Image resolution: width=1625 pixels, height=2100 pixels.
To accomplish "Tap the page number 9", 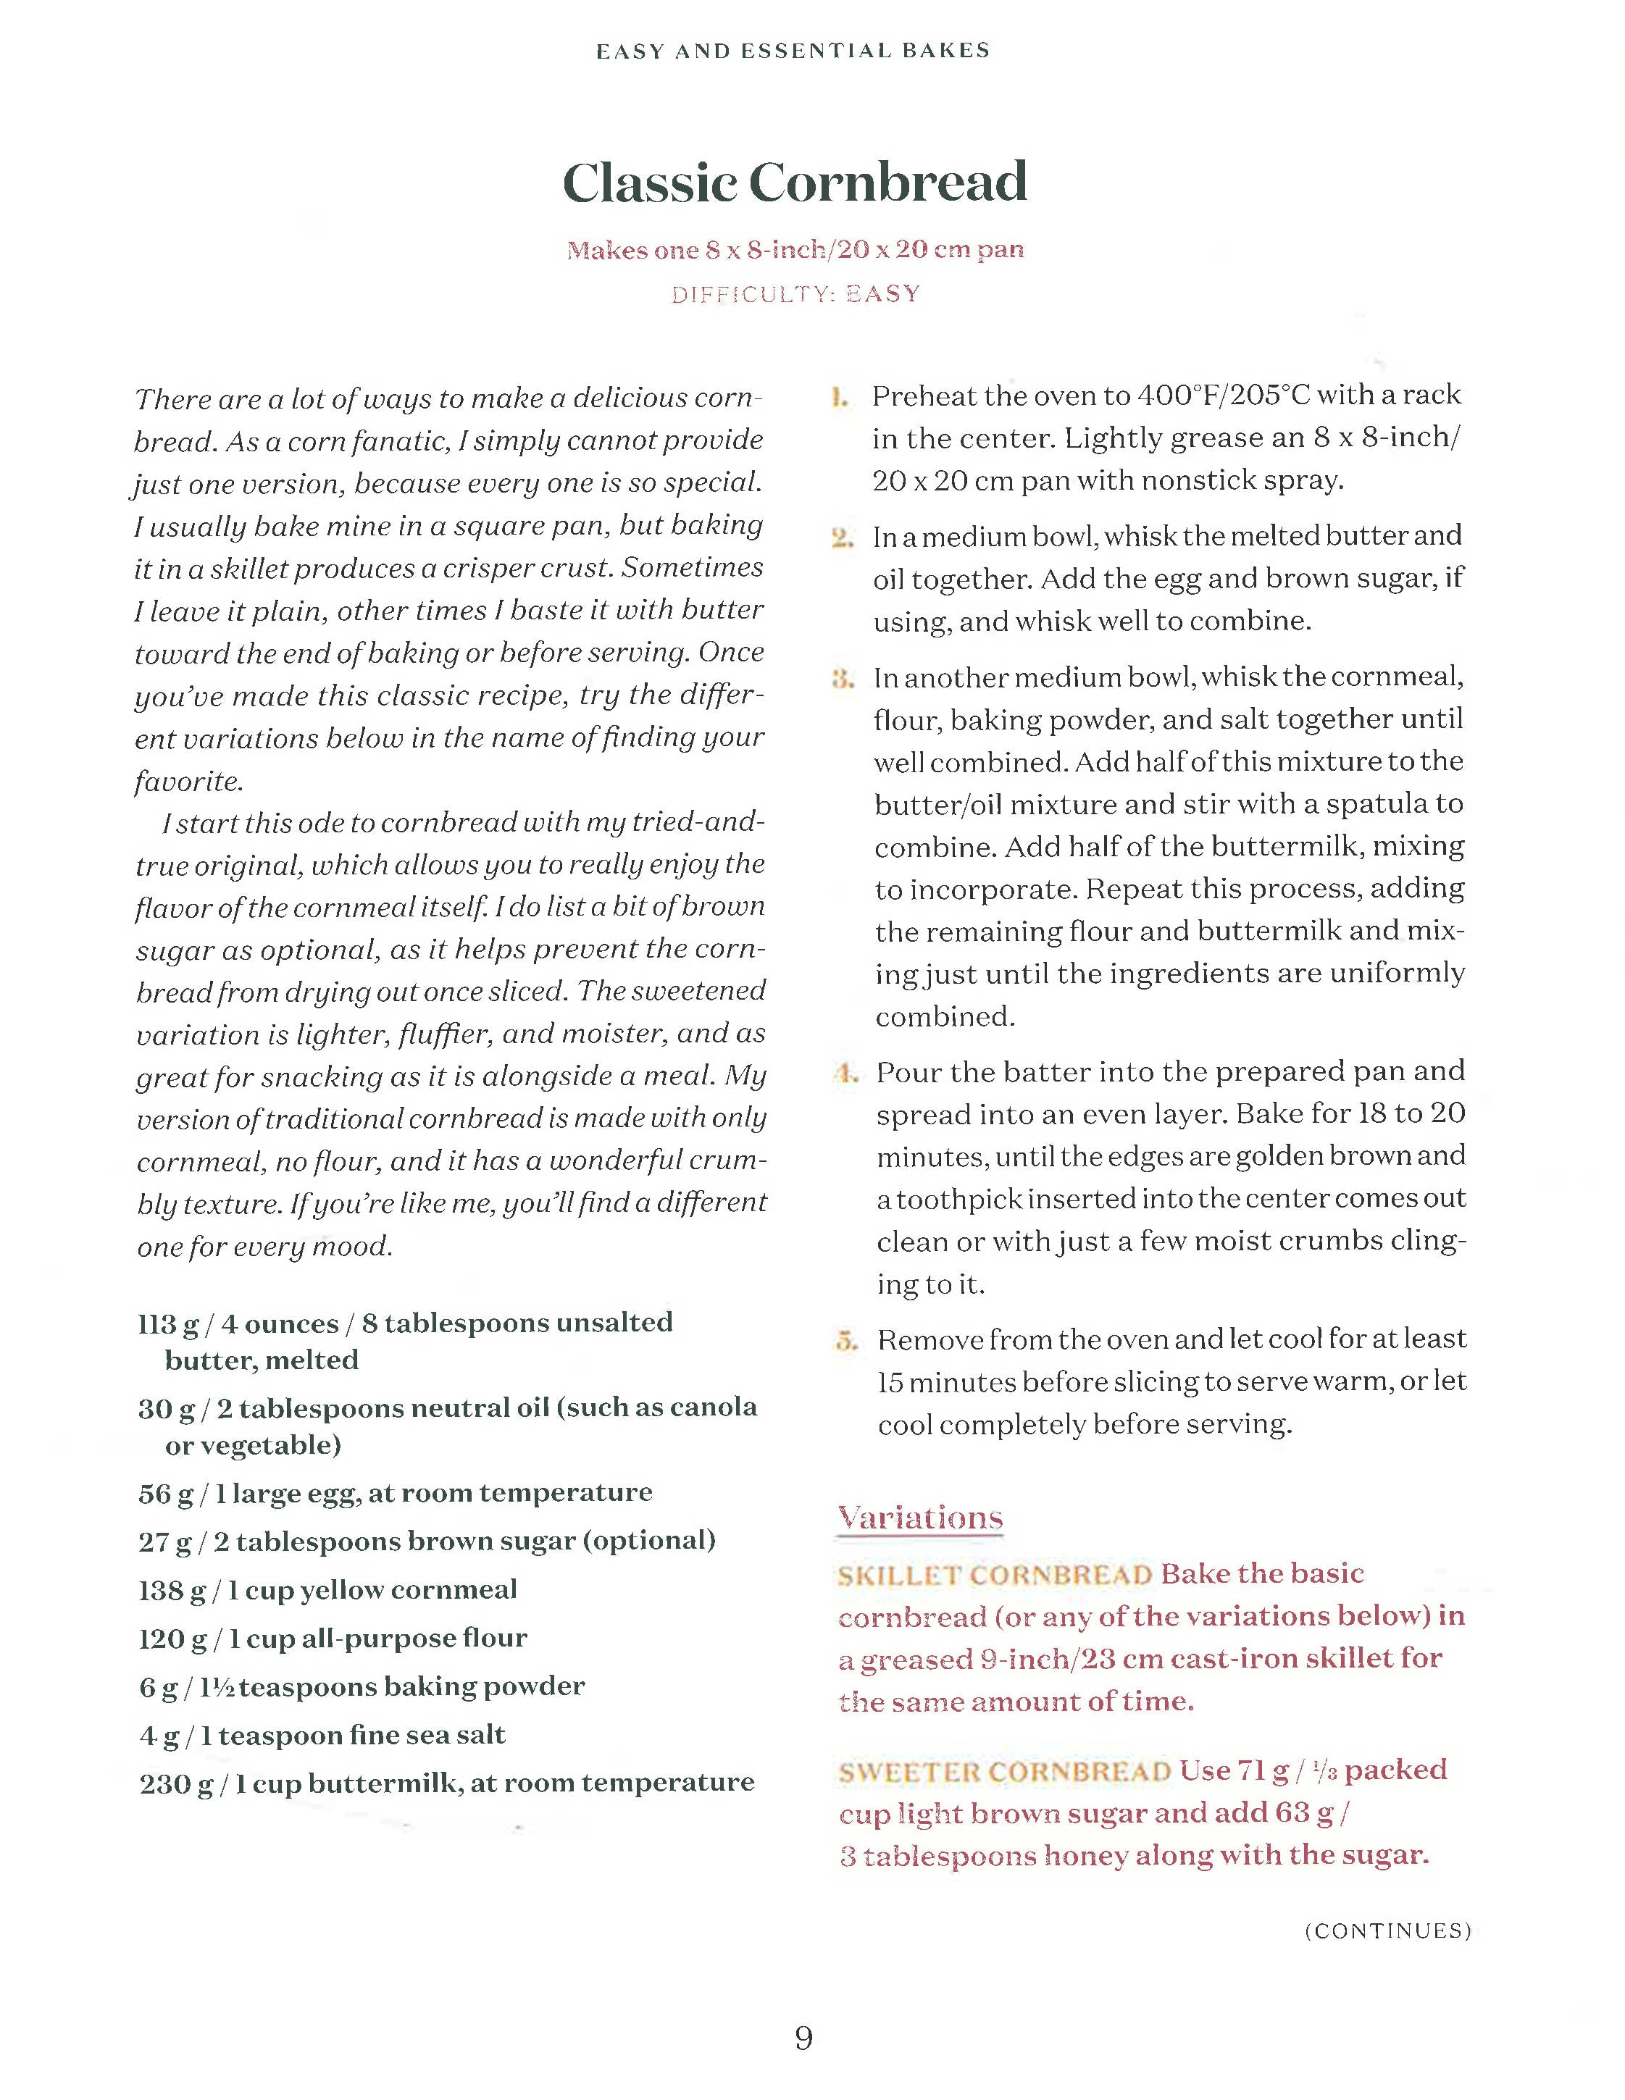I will coord(804,2036).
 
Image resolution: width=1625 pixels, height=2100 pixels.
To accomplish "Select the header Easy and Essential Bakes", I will coord(793,51).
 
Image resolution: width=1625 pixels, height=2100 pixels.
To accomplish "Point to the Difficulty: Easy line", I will coord(795,294).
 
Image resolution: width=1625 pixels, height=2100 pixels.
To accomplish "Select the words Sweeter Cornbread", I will coord(1004,1772).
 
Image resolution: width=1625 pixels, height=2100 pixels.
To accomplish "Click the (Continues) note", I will coord(1387,1930).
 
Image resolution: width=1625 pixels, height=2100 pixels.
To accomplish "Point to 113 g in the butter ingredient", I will coord(168,1325).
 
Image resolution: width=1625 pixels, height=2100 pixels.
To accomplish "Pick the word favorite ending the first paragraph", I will coord(188,781).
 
